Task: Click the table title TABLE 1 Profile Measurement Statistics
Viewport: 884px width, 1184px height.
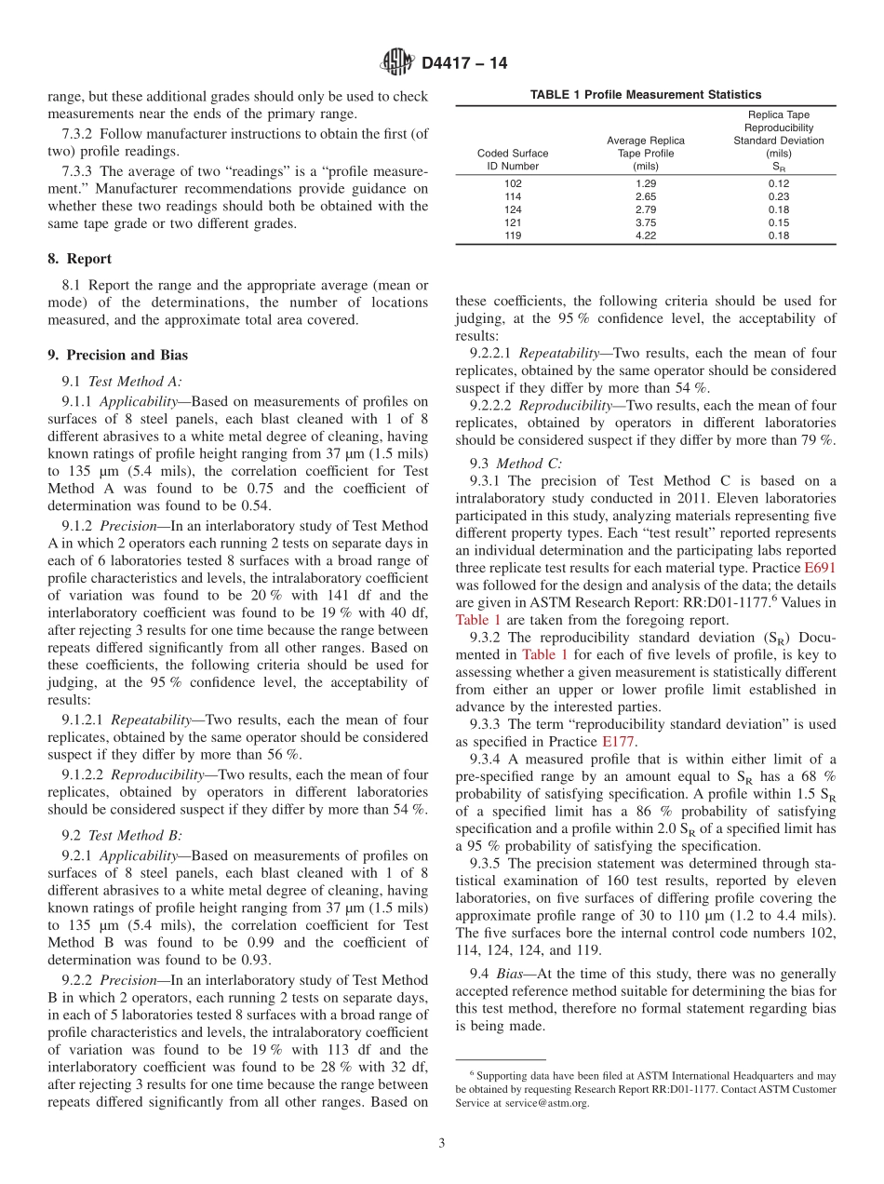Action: [645, 94]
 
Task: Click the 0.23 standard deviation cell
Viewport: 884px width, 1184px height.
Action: [778, 196]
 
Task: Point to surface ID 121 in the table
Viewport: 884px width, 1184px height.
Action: [513, 222]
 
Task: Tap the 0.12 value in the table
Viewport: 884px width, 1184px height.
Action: [778, 183]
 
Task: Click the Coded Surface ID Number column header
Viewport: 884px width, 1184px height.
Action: [513, 159]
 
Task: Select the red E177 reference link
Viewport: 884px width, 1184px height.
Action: [619, 742]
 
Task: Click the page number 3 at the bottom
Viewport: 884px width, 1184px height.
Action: [441, 1143]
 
